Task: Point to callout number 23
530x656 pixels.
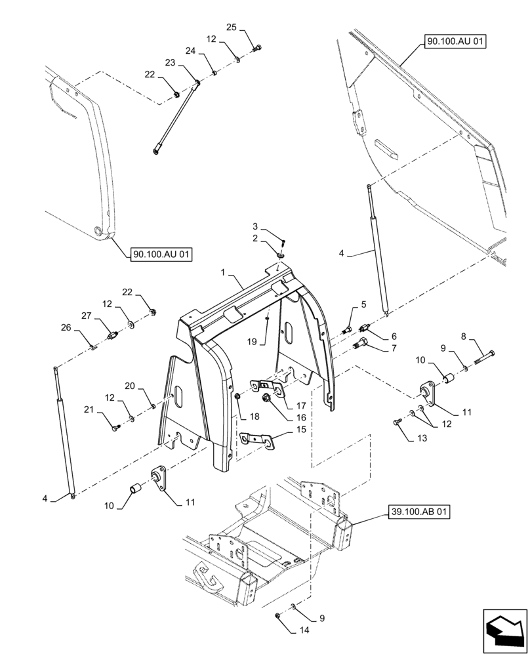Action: pyautogui.click(x=169, y=63)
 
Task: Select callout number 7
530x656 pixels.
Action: pyautogui.click(x=394, y=348)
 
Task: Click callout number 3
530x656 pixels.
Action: pyautogui.click(x=255, y=226)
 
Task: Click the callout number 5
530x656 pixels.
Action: pyautogui.click(x=362, y=305)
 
